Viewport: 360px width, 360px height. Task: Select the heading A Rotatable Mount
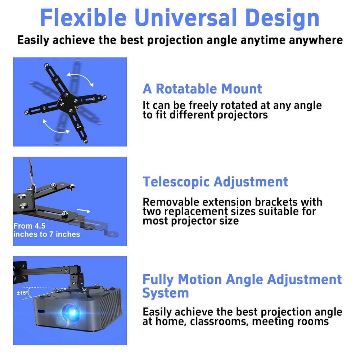[x=202, y=89]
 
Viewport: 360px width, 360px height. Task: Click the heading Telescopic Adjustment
[x=215, y=181]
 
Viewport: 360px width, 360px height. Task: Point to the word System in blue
[x=166, y=293]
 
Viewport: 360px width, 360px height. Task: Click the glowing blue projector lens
[x=71, y=311]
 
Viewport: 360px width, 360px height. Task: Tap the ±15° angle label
[x=22, y=293]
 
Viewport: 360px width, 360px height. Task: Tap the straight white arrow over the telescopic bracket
[x=84, y=211]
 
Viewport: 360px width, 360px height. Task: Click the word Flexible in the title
[x=82, y=17]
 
